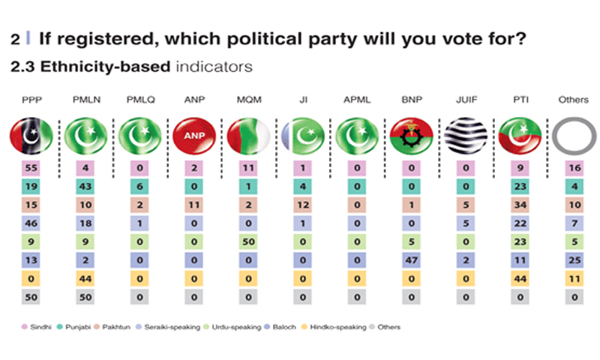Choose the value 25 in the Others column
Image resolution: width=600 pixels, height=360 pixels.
pos(574,258)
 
